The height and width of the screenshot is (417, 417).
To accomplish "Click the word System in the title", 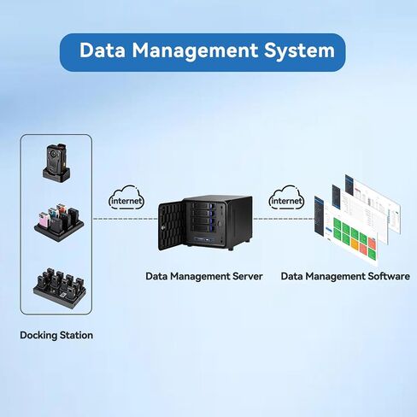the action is (299, 50).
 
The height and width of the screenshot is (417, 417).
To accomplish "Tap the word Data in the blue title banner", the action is (103, 50).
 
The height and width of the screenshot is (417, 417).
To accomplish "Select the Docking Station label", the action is (56, 335).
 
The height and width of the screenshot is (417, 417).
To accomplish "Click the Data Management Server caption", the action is (204, 276).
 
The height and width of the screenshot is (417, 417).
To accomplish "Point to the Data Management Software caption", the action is (345, 276).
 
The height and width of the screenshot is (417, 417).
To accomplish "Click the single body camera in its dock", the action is (56, 162).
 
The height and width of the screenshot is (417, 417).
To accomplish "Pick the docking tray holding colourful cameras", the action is (59, 222).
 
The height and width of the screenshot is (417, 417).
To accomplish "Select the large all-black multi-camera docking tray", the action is (60, 288).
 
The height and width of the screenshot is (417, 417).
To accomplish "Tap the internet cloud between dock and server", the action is (126, 198).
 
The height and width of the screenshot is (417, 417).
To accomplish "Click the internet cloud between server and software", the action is (286, 198).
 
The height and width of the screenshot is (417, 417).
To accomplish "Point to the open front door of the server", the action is (171, 225).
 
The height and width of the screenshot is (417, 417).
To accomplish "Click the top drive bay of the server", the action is (203, 205).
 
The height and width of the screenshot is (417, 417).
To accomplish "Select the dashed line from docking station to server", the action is (126, 219).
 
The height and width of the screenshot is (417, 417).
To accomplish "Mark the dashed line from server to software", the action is (284, 219).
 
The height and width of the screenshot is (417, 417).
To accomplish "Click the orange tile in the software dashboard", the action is (354, 244).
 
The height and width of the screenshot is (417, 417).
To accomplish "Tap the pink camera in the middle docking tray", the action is (44, 220).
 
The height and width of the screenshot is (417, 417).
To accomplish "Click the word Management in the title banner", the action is (195, 51).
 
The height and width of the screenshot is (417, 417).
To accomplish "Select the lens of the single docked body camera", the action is (53, 154).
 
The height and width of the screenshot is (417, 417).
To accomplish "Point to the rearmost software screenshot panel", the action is (373, 203).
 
